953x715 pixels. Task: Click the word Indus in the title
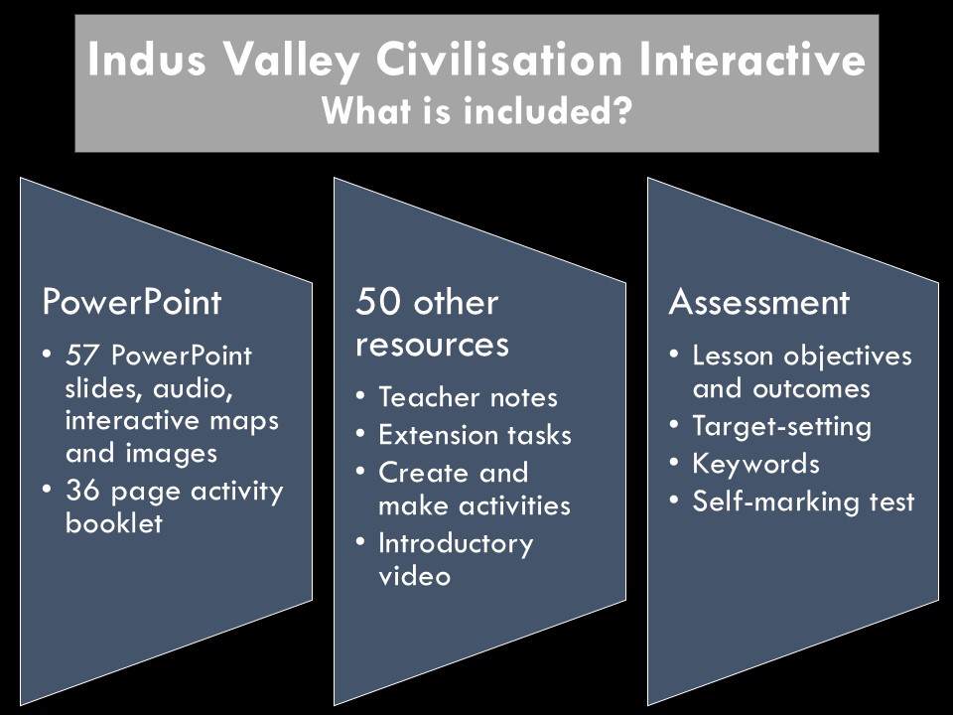click(147, 59)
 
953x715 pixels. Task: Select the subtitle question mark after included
click(621, 110)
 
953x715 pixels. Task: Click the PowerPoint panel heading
click(132, 302)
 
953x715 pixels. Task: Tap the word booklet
click(114, 523)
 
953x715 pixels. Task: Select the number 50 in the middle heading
click(376, 302)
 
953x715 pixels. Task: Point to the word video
click(415, 576)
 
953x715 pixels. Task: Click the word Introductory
click(456, 544)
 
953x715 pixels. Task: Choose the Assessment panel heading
click(759, 302)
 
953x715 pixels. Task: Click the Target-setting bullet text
click(781, 427)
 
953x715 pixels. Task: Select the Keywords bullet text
click(756, 464)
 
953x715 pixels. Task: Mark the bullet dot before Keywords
click(673, 464)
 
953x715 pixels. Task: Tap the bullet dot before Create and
click(360, 473)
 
